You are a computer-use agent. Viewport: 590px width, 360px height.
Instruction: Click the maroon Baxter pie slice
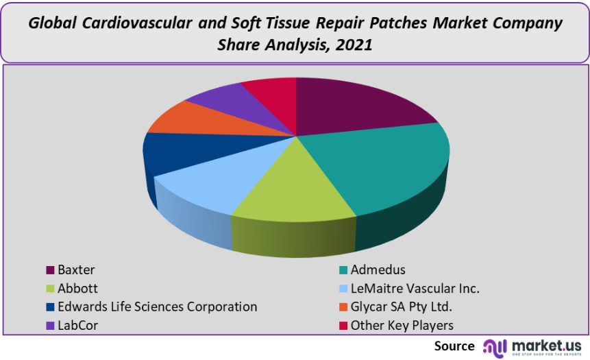tap(356, 106)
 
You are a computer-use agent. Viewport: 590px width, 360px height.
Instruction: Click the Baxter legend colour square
tap(50, 270)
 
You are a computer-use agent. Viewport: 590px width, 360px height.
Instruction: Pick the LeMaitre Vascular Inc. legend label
tap(415, 289)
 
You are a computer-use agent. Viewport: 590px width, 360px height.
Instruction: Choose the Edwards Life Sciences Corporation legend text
tap(158, 307)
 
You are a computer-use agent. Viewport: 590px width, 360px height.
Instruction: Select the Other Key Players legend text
tap(402, 326)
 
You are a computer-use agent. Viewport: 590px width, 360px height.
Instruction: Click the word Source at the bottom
tap(454, 346)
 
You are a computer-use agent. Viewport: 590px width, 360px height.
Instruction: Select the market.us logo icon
tap(495, 346)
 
